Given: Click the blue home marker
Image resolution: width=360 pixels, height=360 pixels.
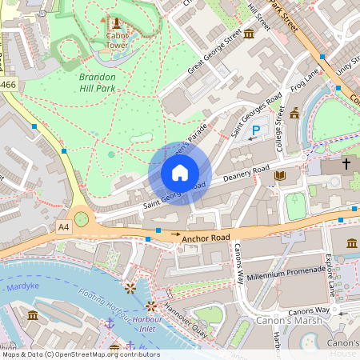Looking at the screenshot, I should (x=180, y=173).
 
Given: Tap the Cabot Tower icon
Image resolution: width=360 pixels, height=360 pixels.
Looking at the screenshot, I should (x=117, y=22).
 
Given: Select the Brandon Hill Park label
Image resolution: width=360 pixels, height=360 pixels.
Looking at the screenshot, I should (x=97, y=82).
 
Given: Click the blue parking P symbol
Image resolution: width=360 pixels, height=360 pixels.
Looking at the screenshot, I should (x=256, y=130).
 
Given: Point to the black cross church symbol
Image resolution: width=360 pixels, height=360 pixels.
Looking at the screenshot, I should (x=346, y=163).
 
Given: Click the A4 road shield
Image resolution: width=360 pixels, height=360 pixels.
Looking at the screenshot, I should (x=64, y=227).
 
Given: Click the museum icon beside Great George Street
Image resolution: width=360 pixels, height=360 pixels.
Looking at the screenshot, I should (x=249, y=33).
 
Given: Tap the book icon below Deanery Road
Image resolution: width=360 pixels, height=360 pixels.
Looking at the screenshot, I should (x=280, y=175).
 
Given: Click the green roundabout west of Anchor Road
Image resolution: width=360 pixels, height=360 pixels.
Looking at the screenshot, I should (x=82, y=218).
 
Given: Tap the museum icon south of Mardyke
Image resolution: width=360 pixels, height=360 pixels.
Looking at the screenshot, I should (x=33, y=315).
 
